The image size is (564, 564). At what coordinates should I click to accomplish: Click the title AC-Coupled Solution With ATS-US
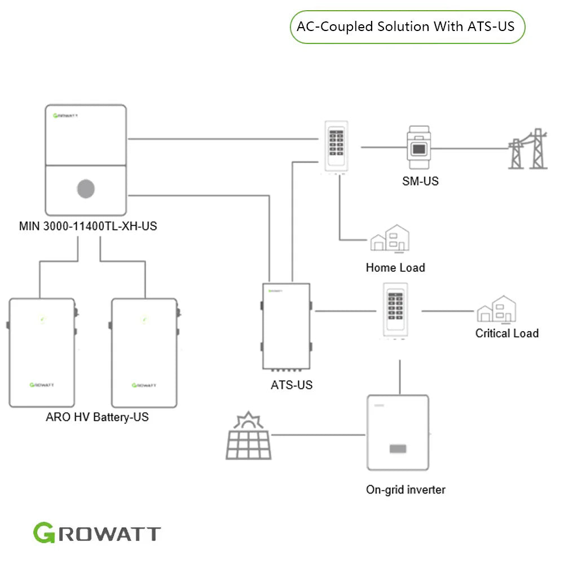pos(406,27)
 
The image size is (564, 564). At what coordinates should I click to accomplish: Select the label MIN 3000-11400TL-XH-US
pos(88,227)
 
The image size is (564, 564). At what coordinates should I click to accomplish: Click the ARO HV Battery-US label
pos(97,418)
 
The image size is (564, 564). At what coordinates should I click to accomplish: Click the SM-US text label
pos(420,181)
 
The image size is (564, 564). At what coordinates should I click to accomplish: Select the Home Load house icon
pos(390,237)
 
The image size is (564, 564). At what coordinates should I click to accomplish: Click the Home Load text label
pos(395,267)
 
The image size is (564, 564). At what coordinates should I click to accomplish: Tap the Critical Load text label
pos(506,333)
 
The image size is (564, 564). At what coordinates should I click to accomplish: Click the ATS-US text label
pos(291,385)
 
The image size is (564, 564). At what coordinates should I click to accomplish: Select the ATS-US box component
pos(287,326)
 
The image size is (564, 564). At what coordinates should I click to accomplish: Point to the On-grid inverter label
pos(405,490)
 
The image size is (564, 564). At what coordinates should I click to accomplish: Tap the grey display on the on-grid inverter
pos(398,450)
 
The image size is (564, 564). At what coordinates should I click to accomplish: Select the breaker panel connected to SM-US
pos(337,147)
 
